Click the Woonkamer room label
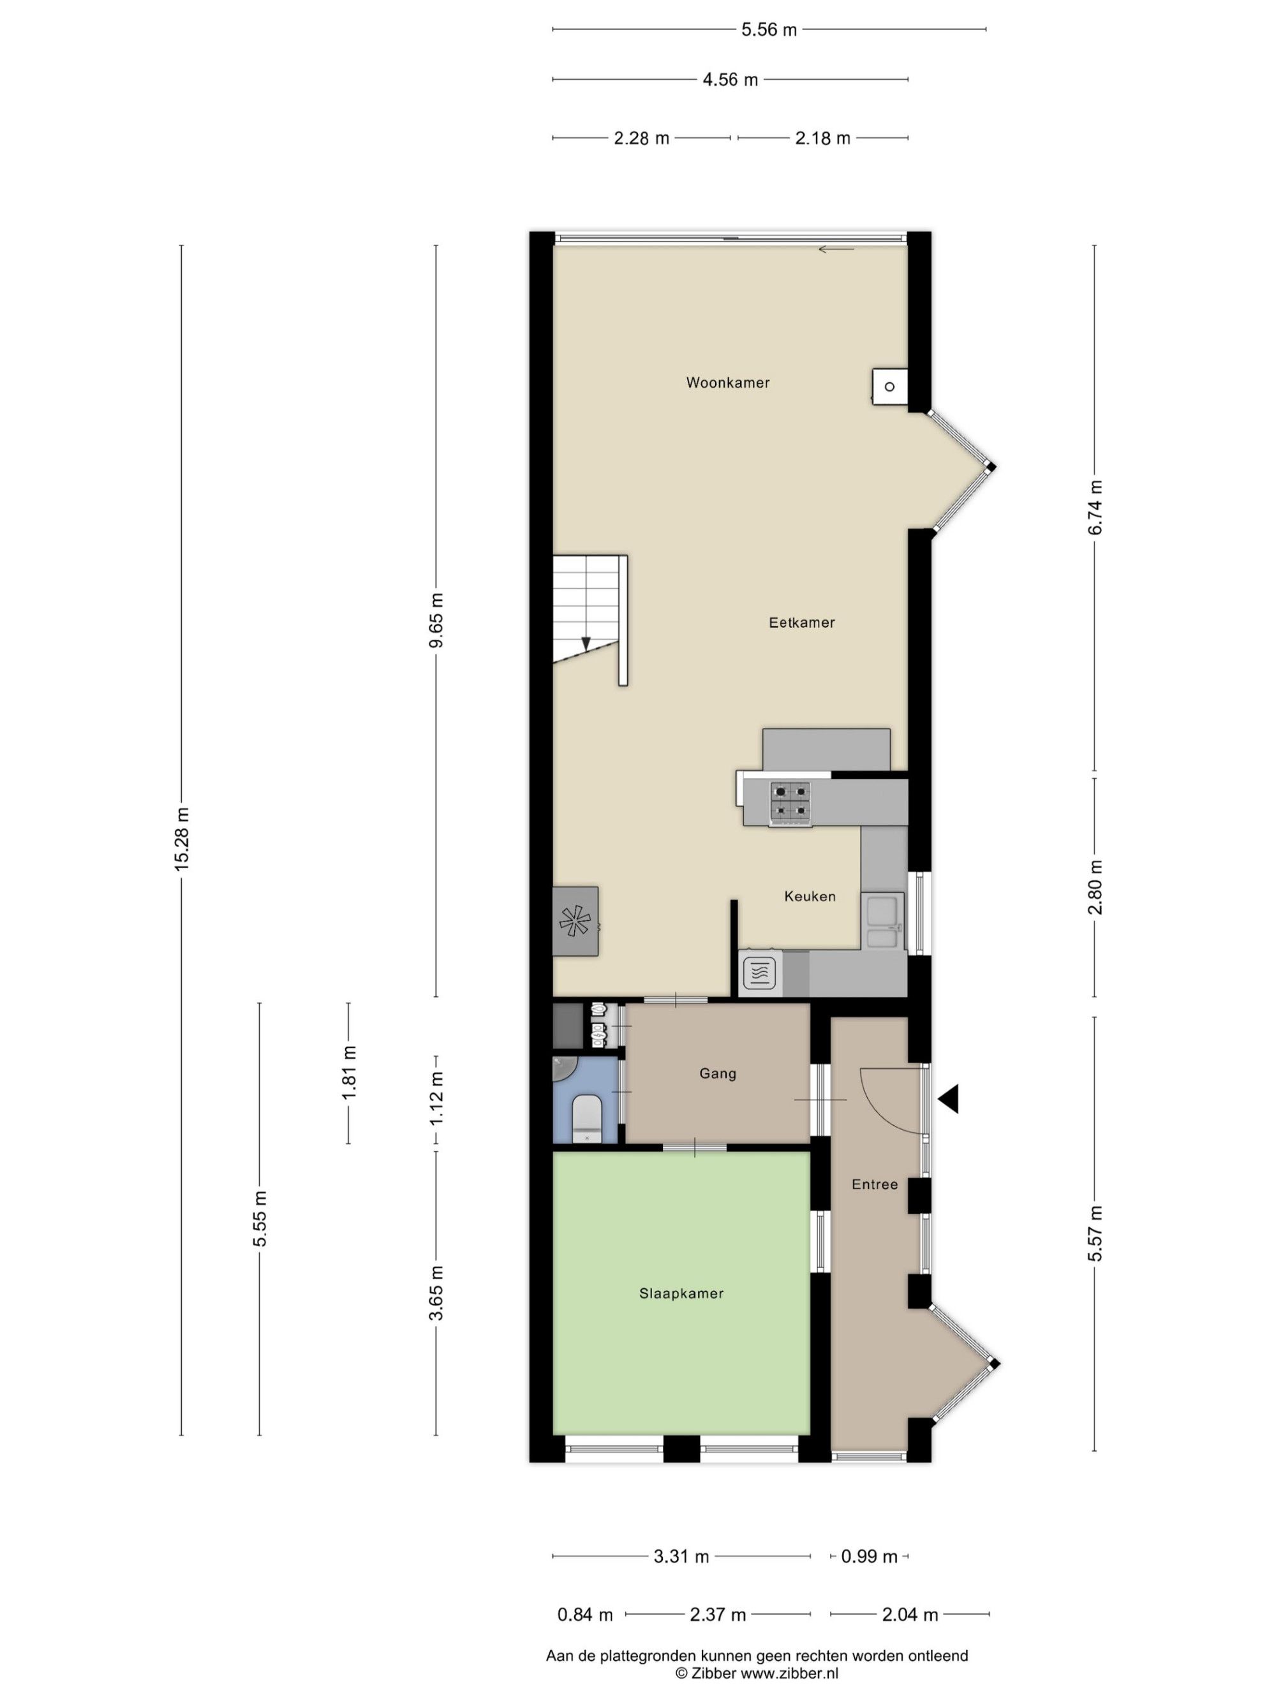(727, 382)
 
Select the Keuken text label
(810, 896)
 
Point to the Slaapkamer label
(681, 1293)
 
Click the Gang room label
(718, 1073)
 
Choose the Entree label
(875, 1184)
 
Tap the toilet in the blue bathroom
(587, 1119)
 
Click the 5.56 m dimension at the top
(769, 30)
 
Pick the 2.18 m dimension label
(822, 138)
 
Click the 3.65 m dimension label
(436, 1293)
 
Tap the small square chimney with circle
(889, 387)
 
